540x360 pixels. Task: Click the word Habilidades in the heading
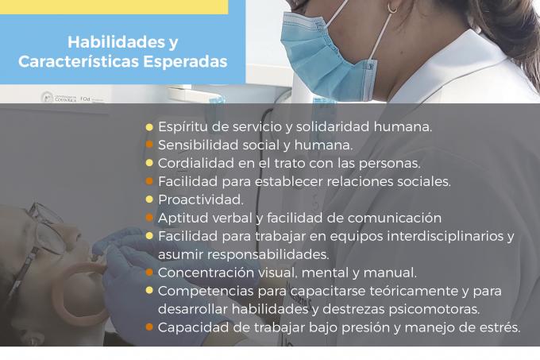(x=116, y=42)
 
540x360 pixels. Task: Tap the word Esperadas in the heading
(x=185, y=62)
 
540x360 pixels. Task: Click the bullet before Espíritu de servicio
(x=149, y=127)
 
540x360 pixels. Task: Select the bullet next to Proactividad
(x=149, y=199)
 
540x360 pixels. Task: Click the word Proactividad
(x=201, y=199)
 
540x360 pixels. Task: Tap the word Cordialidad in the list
(x=196, y=163)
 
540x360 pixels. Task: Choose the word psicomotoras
(x=434, y=309)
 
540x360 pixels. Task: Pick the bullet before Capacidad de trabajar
(x=149, y=327)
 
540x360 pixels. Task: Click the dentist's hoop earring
(x=392, y=7)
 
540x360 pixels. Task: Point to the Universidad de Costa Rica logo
(x=59, y=98)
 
